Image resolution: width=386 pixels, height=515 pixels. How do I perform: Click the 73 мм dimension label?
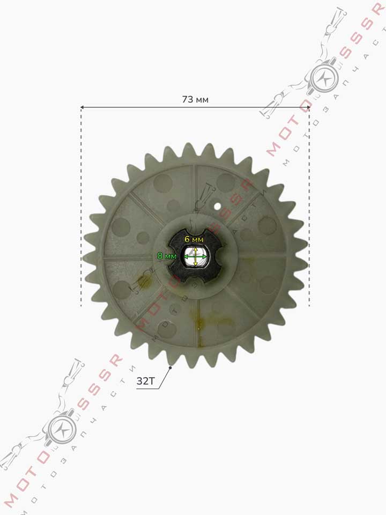tap(195, 99)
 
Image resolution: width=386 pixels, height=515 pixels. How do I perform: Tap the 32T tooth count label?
tap(145, 381)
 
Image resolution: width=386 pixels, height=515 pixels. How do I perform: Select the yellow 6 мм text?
tap(194, 239)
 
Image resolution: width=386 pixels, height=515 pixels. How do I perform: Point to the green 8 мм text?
tap(167, 255)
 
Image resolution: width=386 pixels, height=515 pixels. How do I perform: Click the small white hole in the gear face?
tap(217, 206)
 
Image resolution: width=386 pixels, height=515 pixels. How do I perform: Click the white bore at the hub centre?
tap(195, 256)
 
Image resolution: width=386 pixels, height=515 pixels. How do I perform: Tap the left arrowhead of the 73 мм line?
tap(83, 107)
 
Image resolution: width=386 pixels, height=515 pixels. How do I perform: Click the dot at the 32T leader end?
tap(170, 368)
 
